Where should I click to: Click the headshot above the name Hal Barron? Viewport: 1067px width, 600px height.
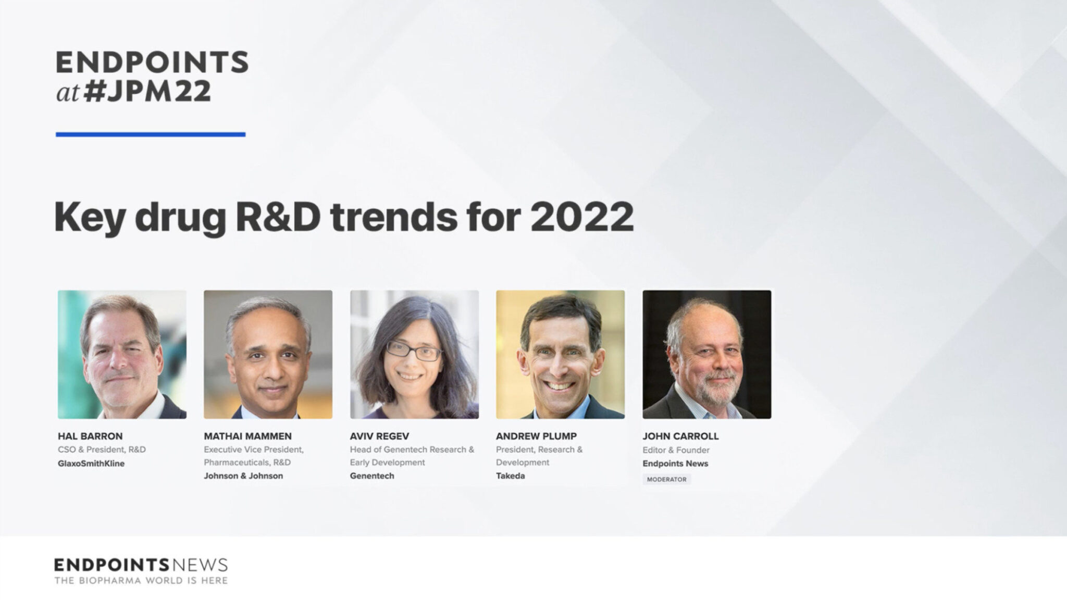(122, 354)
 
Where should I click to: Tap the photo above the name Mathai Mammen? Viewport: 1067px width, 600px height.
(268, 354)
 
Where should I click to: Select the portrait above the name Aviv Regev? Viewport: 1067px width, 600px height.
(414, 354)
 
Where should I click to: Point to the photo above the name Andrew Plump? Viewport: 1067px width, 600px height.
(560, 354)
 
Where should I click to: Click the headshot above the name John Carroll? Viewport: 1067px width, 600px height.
(706, 354)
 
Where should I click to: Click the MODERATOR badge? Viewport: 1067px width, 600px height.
(666, 479)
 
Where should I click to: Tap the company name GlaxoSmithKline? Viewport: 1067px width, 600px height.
(91, 464)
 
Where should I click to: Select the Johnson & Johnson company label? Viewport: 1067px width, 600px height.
(243, 476)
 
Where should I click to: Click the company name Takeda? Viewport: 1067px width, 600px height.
(510, 476)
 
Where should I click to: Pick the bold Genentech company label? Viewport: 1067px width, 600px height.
(372, 476)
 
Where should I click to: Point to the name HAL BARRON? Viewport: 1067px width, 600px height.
(90, 436)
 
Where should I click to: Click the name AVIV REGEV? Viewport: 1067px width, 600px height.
(379, 436)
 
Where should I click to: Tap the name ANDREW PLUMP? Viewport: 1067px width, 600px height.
(536, 436)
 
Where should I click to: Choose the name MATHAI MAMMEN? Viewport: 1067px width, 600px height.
(247, 436)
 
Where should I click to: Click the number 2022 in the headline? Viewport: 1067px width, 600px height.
(582, 217)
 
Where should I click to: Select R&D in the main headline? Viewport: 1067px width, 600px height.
(278, 217)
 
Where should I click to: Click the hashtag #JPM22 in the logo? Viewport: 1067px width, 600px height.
(147, 91)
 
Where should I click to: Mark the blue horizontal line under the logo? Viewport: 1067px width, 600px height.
(151, 134)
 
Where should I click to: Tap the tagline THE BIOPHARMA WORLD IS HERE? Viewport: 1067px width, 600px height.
(141, 580)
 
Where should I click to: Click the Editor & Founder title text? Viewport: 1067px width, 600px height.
(676, 450)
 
